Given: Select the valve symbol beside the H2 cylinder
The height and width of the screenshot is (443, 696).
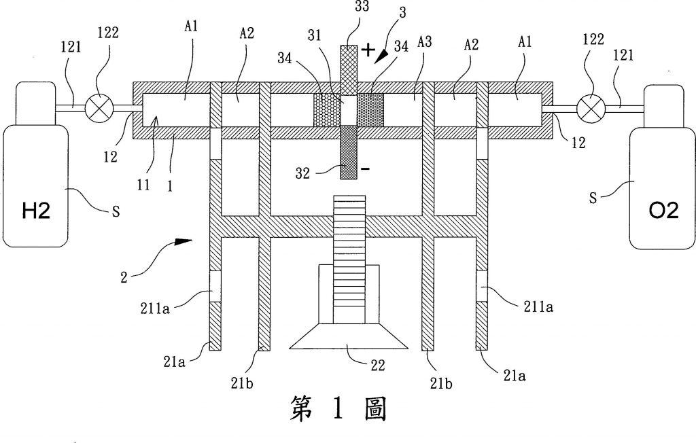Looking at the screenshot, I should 97,107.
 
